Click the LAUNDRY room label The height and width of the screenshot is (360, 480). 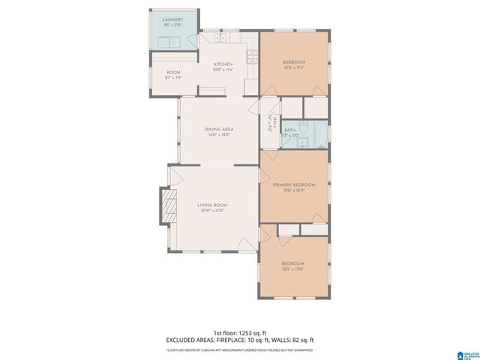(x=174, y=21)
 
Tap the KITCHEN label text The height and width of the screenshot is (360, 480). (x=223, y=64)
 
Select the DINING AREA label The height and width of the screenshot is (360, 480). (x=219, y=130)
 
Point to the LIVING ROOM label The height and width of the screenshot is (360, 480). (x=212, y=205)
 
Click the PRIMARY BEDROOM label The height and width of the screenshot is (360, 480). (x=293, y=184)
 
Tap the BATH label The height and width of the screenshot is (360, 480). (x=289, y=130)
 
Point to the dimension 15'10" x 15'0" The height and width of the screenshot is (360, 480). (x=212, y=211)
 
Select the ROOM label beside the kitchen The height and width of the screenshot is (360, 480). (x=173, y=73)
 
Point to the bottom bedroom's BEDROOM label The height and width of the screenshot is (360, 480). (x=292, y=263)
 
